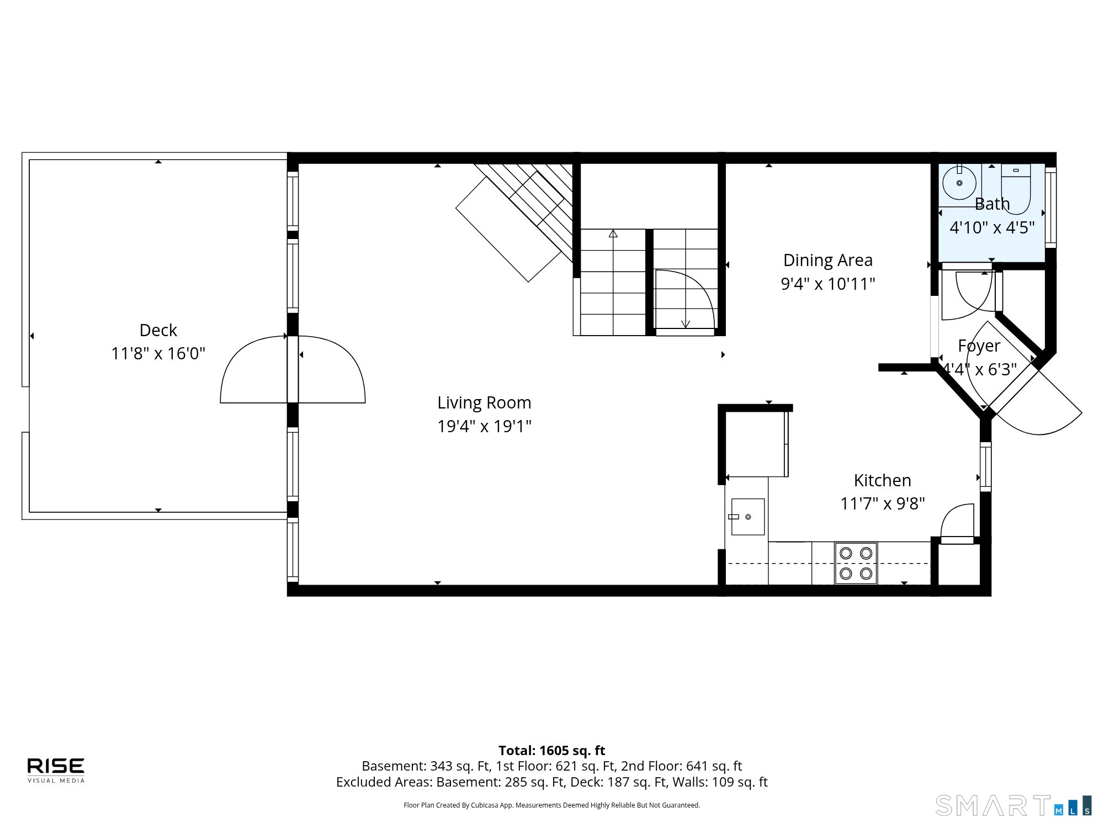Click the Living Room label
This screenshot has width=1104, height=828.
(484, 403)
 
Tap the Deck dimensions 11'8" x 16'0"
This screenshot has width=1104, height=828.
(158, 353)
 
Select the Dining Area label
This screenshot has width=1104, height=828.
(828, 260)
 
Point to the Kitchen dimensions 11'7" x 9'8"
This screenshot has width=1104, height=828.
(882, 503)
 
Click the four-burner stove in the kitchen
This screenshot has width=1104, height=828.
(856, 563)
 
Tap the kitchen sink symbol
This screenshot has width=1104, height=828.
(748, 517)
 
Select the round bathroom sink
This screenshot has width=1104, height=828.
(959, 183)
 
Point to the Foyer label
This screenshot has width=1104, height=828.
(979, 346)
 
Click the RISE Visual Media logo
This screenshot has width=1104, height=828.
(56, 770)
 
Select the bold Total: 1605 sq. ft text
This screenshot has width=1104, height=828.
(552, 750)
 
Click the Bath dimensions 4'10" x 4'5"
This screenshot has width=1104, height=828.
(992, 227)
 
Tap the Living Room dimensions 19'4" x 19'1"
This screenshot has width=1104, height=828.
(484, 426)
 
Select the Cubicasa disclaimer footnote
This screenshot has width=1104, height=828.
(552, 805)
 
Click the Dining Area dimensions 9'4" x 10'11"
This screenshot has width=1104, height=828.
(828, 284)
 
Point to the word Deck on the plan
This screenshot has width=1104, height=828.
(158, 330)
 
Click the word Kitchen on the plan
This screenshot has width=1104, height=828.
(882, 480)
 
